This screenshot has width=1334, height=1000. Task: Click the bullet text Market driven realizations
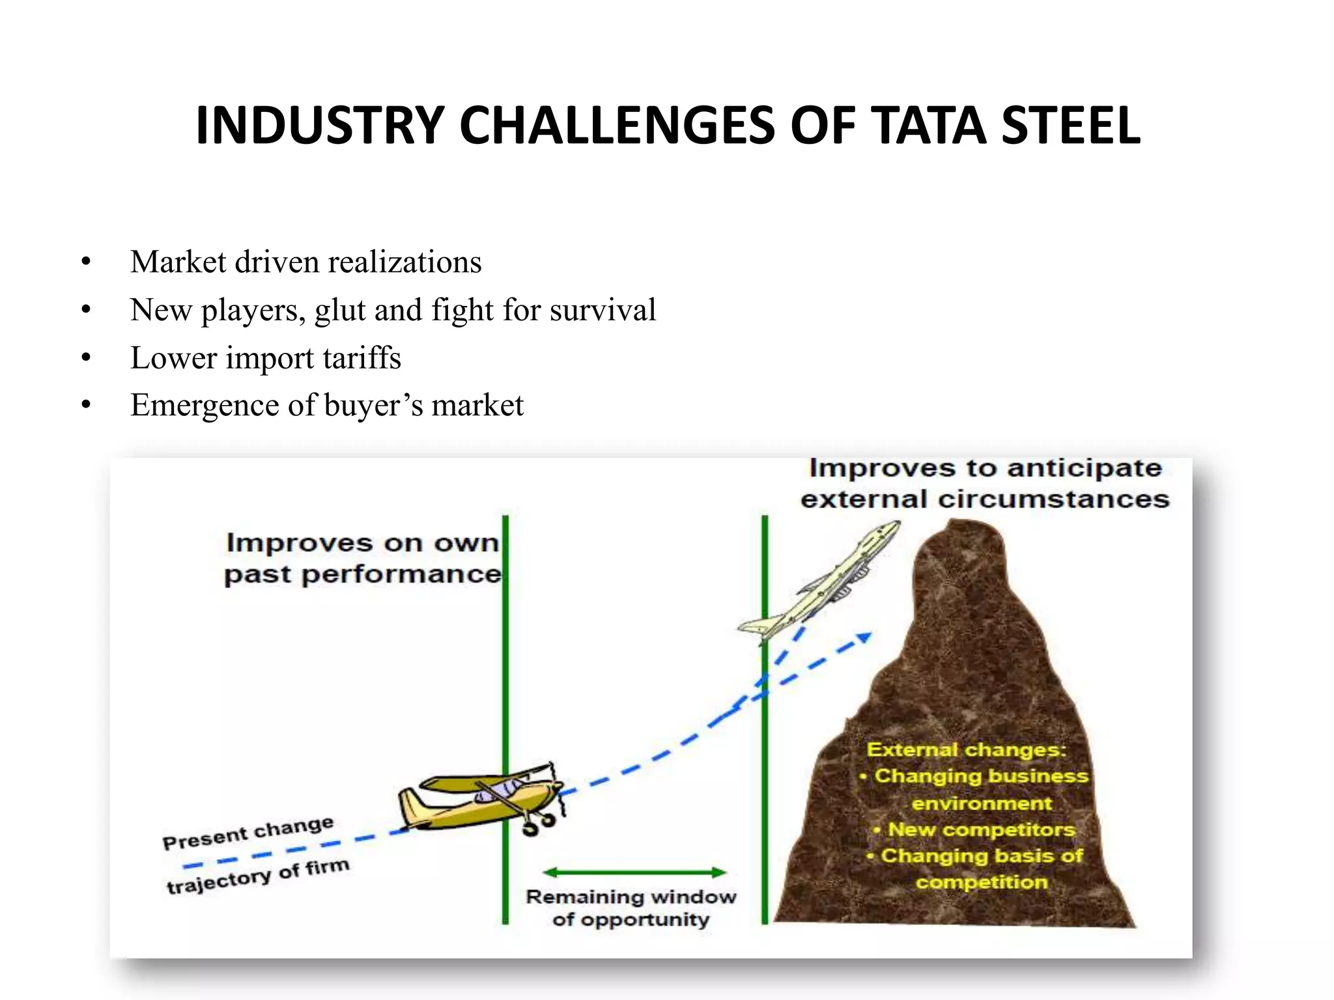[x=305, y=262]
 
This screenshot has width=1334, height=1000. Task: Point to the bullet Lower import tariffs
[x=265, y=358]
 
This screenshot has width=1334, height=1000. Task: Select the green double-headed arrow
[x=634, y=872]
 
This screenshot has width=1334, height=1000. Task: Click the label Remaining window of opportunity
[x=631, y=908]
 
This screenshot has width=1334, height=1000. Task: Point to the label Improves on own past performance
[x=362, y=559]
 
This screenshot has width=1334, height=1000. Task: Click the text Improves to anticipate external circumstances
[x=984, y=484]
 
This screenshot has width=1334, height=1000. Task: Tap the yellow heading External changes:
[x=965, y=749]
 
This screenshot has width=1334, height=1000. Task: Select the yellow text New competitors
[x=980, y=829]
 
